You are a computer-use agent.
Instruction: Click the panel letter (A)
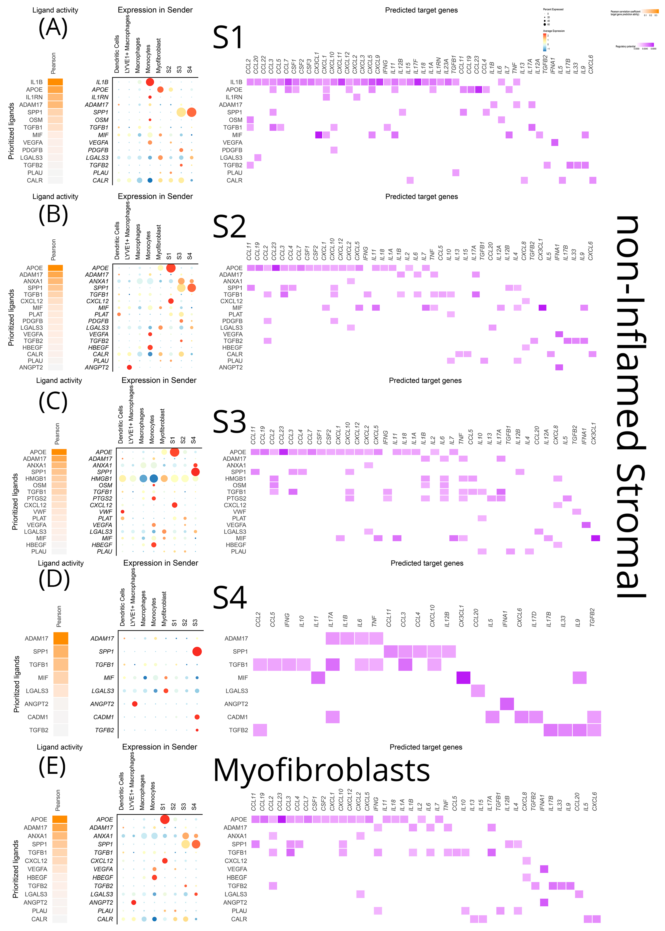coord(53,28)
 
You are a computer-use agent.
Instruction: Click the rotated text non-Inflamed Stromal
coord(631,405)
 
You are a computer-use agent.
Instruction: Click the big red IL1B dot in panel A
coord(150,82)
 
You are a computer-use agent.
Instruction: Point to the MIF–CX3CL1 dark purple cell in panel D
coord(463,677)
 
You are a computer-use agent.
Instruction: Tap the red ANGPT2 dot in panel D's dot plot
coord(135,704)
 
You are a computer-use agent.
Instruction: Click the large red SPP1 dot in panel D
coord(197,651)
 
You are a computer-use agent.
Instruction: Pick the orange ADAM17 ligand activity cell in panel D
coord(61,638)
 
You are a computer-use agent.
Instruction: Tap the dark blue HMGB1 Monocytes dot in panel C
coord(153,478)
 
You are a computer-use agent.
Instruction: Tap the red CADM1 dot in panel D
coord(197,717)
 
